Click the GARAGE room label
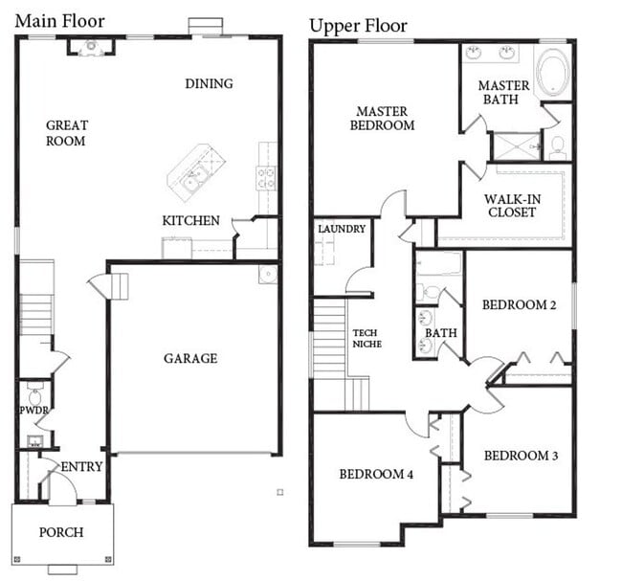[x=190, y=358]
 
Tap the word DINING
[x=209, y=83]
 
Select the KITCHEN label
[x=190, y=220]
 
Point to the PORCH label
[x=61, y=532]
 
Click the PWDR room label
[x=34, y=411]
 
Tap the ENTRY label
[x=81, y=467]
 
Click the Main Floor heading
[x=60, y=21]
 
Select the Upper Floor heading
[x=358, y=26]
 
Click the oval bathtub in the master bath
[x=553, y=72]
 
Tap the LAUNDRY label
[x=342, y=229]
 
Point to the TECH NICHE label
[x=367, y=339]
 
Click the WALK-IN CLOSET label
[x=512, y=206]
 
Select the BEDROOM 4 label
[x=376, y=474]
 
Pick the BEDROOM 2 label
[x=519, y=304]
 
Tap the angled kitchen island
[x=196, y=172]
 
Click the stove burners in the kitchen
[x=266, y=178]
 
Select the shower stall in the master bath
[x=517, y=146]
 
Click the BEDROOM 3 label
[x=521, y=456]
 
